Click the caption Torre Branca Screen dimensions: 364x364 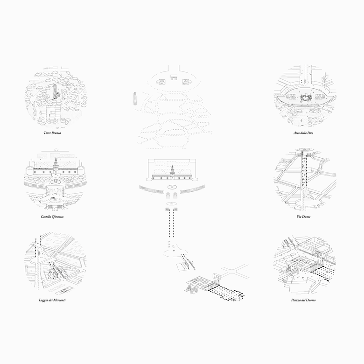(x=52, y=133)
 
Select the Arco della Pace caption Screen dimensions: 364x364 (x=303, y=133)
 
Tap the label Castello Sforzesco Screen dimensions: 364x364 (x=52, y=217)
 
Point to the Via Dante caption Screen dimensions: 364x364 (x=303, y=217)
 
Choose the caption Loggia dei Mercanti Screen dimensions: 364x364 (x=52, y=300)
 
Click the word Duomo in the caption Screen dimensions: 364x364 (x=310, y=300)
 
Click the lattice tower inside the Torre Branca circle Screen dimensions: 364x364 (x=55, y=91)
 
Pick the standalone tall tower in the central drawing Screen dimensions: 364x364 (x=135, y=98)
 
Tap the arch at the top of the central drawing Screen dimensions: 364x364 (x=174, y=77)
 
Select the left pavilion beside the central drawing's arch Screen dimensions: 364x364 (x=161, y=82)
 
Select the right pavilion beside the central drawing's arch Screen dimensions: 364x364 (x=186, y=82)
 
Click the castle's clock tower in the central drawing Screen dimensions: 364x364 (x=172, y=172)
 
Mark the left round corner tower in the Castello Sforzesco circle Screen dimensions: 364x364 (x=30, y=170)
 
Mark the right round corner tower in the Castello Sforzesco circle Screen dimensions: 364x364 (x=81, y=170)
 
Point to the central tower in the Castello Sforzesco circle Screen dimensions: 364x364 (x=56, y=165)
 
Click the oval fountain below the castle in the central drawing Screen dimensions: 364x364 (x=172, y=187)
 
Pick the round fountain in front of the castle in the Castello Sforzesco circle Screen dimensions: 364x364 (x=56, y=181)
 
